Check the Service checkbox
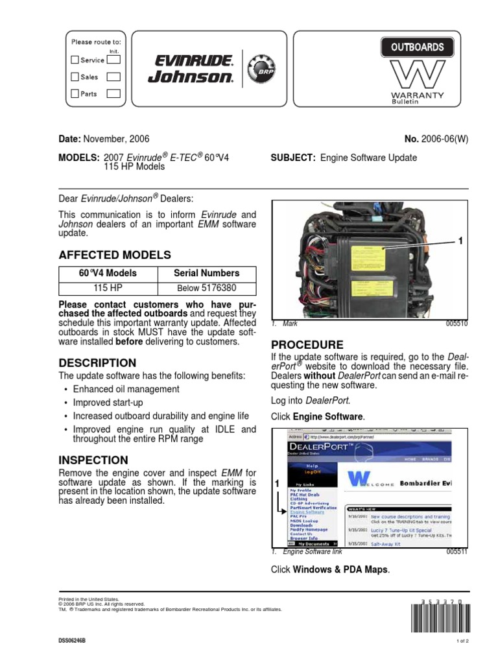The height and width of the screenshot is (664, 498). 75,60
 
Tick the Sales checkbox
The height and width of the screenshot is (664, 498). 75,77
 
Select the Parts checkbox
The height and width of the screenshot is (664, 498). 75,93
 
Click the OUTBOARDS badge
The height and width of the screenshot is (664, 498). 417,47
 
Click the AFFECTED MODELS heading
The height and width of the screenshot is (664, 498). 115,255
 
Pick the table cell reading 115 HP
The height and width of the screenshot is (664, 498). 108,288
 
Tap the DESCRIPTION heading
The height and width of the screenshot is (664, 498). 97,363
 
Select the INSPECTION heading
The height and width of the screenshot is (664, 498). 93,460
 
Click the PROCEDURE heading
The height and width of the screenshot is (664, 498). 307,344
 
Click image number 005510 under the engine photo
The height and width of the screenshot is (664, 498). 456,322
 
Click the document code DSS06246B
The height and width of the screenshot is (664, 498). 72,641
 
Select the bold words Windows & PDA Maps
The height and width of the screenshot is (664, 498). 340,569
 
